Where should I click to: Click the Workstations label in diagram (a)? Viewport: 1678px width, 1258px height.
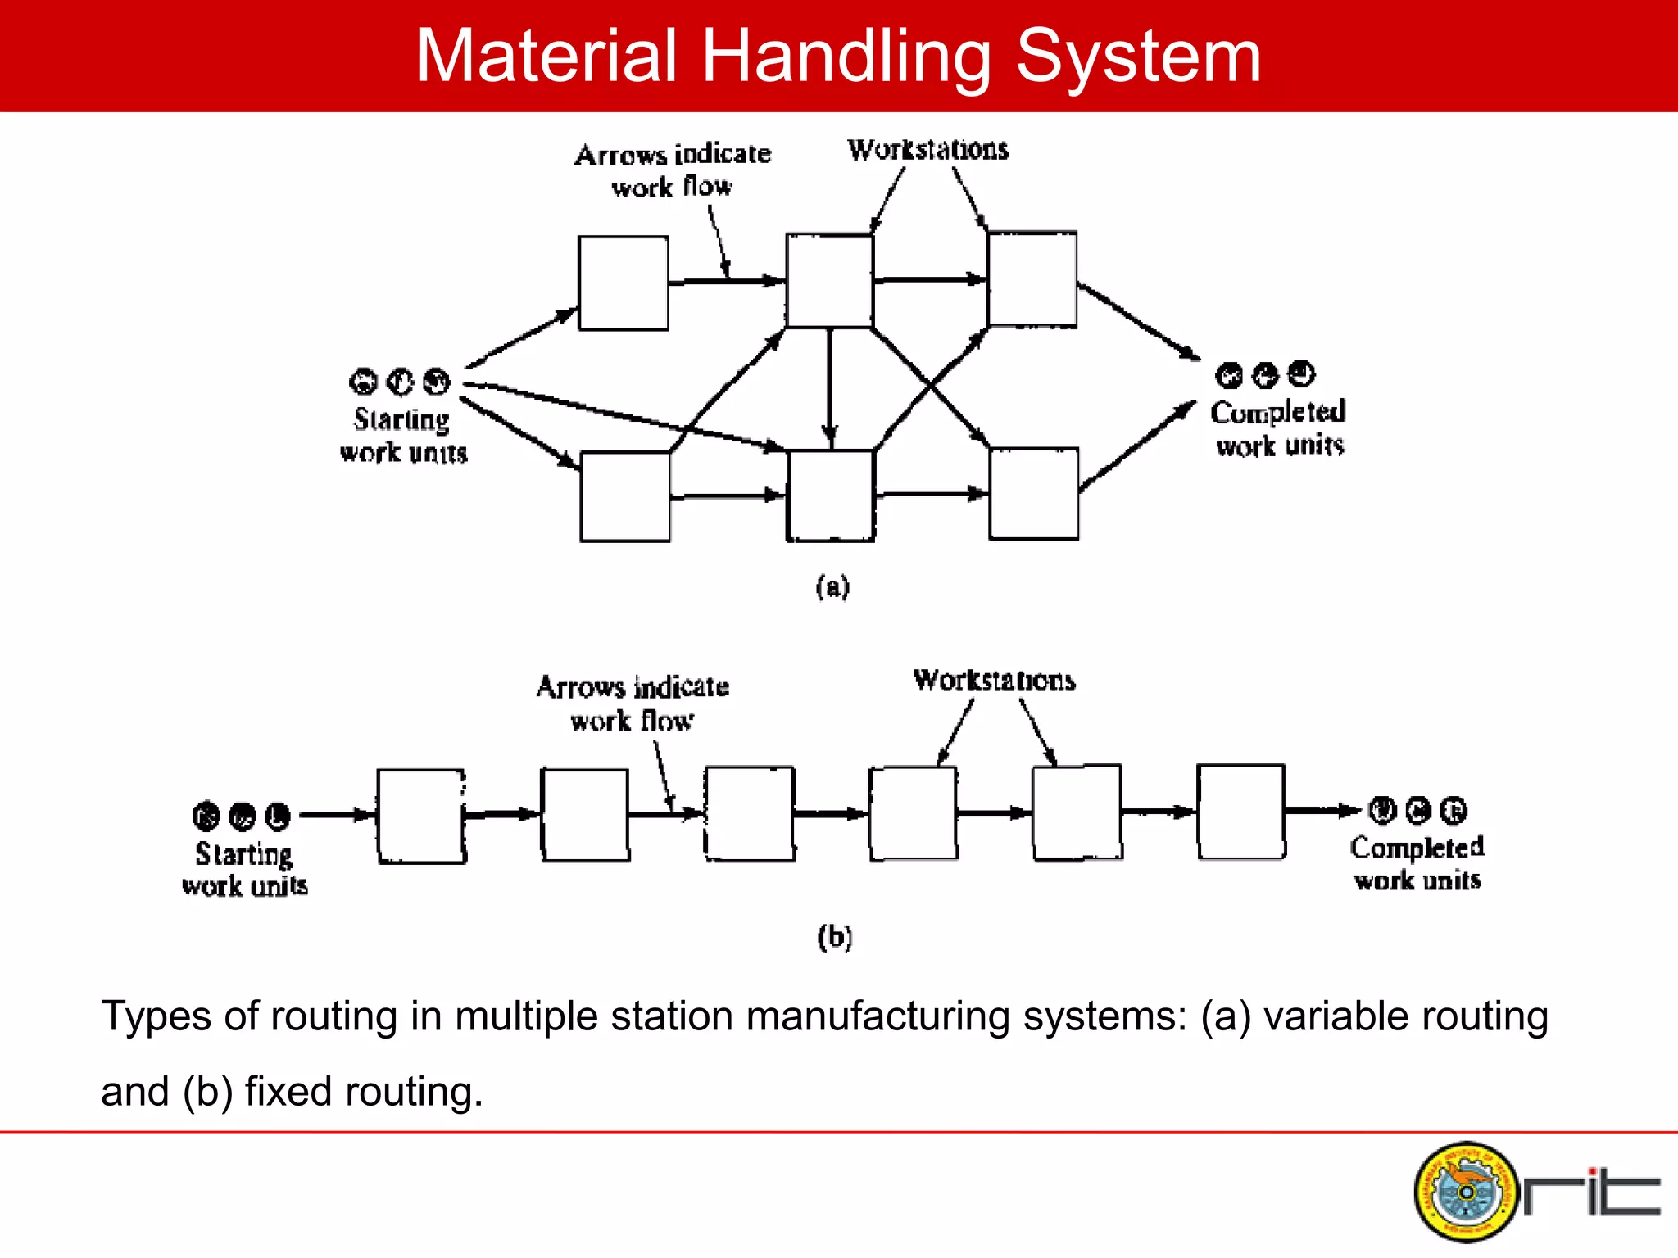(x=927, y=150)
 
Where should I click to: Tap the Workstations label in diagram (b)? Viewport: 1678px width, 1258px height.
(x=994, y=681)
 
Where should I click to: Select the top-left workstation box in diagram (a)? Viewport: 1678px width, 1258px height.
(x=623, y=283)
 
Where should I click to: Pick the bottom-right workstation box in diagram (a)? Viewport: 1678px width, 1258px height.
(x=1033, y=494)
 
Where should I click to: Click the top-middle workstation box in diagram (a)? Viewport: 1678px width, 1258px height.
(x=829, y=281)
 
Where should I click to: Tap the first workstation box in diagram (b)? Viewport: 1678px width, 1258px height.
(x=421, y=816)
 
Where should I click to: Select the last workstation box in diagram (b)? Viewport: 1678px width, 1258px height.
(x=1240, y=812)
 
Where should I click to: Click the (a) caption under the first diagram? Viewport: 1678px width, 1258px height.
(x=832, y=586)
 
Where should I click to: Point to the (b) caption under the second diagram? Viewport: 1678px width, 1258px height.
(x=834, y=936)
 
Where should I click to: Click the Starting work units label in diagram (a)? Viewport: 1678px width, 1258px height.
(x=403, y=436)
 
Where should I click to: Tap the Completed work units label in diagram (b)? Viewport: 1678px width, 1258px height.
(x=1417, y=863)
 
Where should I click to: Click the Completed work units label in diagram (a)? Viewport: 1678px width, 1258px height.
(x=1278, y=428)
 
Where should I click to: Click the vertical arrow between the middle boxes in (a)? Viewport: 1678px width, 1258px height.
(x=830, y=385)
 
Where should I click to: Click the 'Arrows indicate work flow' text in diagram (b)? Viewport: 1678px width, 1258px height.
(x=633, y=704)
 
